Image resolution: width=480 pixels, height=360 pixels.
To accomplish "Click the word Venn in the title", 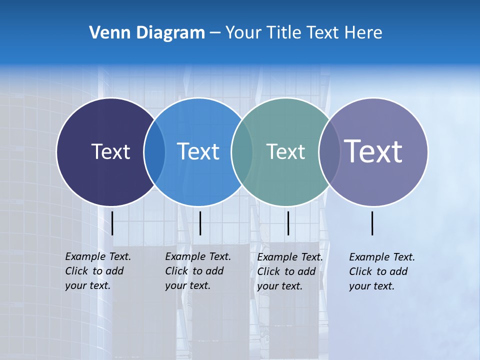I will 105,33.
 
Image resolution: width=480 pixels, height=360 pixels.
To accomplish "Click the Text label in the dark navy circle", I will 110,151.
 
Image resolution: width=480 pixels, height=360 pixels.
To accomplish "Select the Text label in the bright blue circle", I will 198,151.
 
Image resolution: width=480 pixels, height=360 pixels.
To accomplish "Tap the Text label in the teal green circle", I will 285,151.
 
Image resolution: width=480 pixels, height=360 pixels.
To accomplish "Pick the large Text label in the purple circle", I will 373,151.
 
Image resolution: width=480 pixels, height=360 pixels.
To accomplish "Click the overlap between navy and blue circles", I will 154,152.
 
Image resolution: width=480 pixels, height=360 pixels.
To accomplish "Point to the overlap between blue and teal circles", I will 242,152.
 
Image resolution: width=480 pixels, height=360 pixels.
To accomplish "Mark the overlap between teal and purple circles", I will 329,152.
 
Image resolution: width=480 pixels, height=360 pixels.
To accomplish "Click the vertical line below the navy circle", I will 112,223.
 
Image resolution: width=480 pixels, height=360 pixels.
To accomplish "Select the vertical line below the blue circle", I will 200,223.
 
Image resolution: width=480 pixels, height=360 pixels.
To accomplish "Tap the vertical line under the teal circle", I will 288,223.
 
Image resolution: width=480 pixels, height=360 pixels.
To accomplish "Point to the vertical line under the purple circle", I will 372,223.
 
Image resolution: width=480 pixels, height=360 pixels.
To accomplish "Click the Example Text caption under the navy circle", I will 97,271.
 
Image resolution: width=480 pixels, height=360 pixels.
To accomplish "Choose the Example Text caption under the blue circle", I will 197,271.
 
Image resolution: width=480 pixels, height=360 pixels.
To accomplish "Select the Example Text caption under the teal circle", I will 289,271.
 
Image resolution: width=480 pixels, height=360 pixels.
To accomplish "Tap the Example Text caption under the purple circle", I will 381,271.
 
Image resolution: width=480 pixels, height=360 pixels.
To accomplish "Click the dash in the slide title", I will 215,33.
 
